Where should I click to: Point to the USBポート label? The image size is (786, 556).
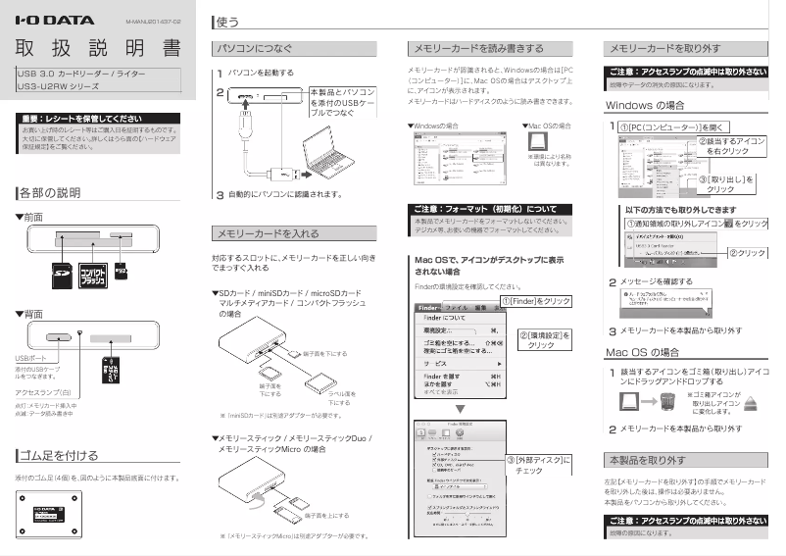tap(33, 359)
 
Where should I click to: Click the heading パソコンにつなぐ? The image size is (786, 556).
tap(255, 47)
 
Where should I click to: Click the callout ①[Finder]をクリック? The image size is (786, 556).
tap(536, 300)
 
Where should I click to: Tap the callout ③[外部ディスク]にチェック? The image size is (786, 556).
tap(538, 465)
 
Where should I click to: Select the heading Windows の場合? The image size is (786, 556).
tap(644, 105)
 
